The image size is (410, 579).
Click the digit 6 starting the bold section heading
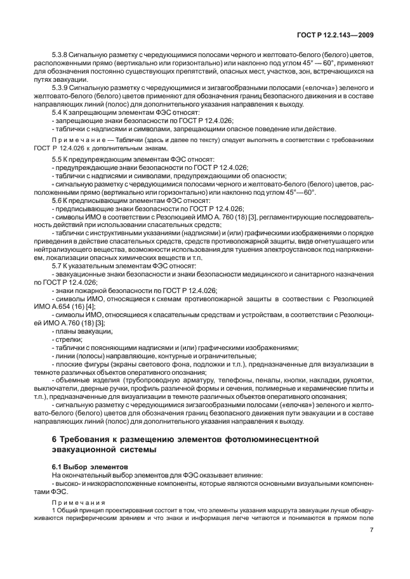53,439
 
